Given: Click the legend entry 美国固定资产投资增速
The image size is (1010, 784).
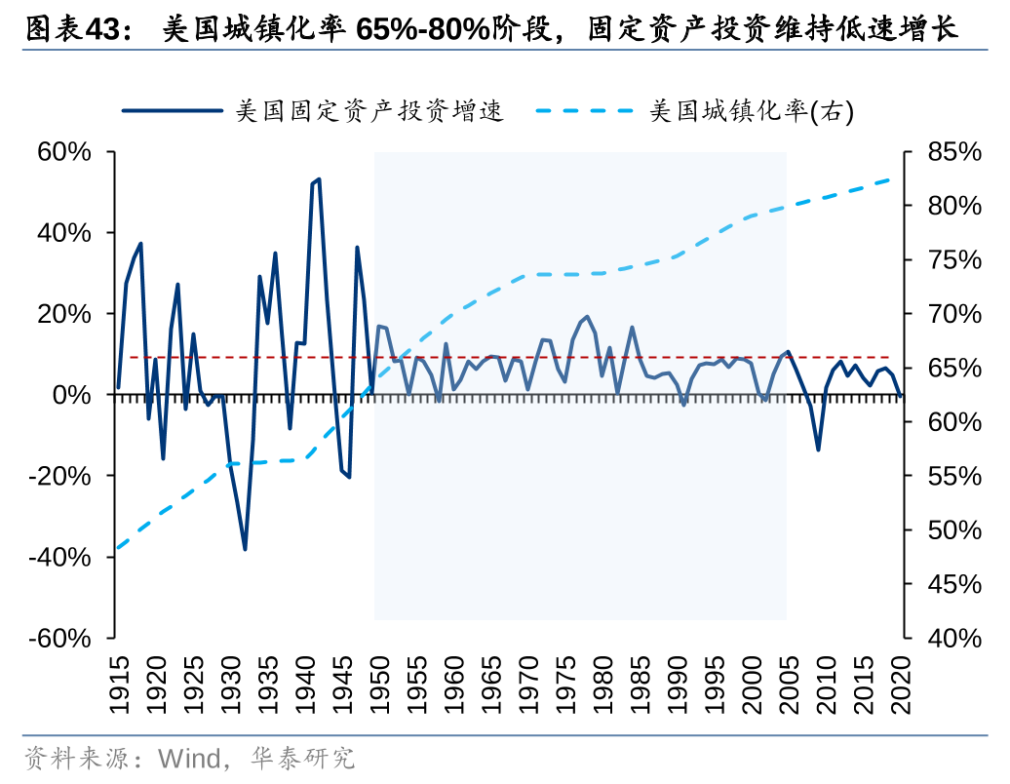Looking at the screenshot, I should click(x=369, y=111).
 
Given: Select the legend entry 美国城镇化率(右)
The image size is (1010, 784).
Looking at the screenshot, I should click(x=751, y=111).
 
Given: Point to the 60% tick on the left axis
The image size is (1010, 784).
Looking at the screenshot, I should click(x=65, y=152).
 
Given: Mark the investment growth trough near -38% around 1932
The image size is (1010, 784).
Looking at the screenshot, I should click(x=245, y=549).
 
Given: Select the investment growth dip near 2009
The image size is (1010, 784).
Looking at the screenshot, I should click(x=818, y=450).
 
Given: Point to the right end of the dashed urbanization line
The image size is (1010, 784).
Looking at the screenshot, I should click(x=890, y=180).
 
